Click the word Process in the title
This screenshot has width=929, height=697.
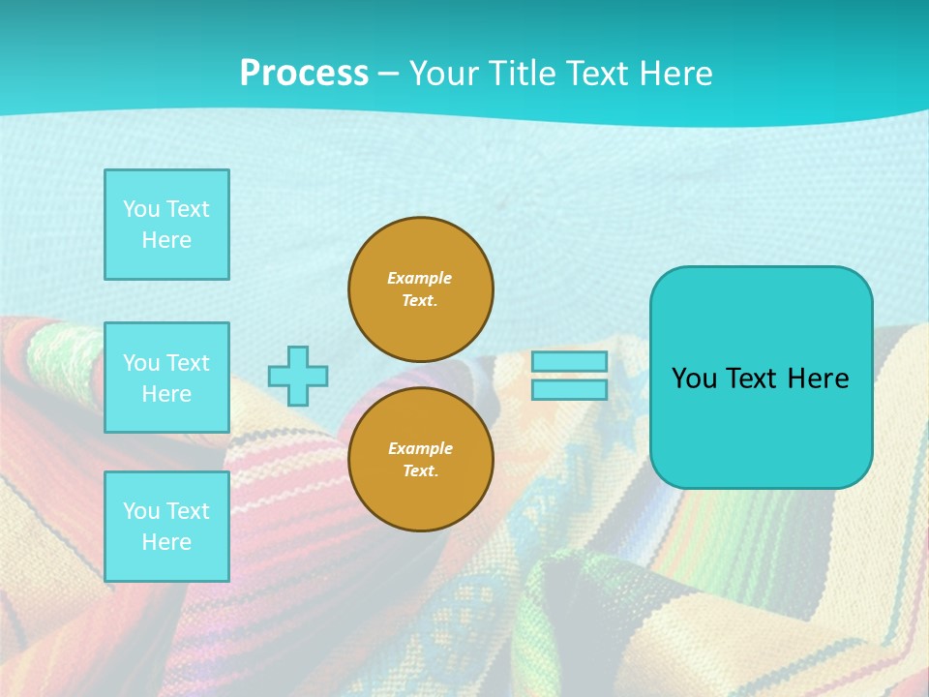tap(304, 74)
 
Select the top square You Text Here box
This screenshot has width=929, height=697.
tap(166, 225)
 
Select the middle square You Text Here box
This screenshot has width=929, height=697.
tap(166, 378)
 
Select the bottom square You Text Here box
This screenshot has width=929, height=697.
tap(166, 527)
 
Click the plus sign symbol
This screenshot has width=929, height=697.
tap(298, 376)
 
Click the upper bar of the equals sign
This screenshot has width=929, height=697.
tap(570, 361)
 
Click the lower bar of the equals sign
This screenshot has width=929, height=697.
tap(570, 389)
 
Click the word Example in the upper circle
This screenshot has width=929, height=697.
tap(419, 278)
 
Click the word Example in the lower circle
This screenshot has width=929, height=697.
tap(420, 448)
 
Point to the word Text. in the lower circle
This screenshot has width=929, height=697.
tap(420, 470)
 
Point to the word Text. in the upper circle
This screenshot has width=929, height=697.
tap(420, 300)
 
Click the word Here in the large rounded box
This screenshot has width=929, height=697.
tap(818, 379)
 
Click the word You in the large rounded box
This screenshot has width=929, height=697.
tap(694, 379)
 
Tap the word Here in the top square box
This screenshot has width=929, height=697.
tap(166, 240)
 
